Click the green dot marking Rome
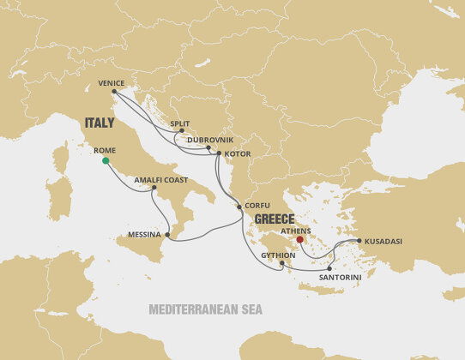tap(106, 160)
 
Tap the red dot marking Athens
tap(299, 228)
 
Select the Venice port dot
tap(114, 91)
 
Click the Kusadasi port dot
tap(359, 241)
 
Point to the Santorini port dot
tap(329, 268)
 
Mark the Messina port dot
tap(167, 234)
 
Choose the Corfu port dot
tap(239, 207)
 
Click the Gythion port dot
tap(281, 263)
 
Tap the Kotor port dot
tap(219, 153)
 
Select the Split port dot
tap(181, 131)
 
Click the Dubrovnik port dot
tap(208, 147)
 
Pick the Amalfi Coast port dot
tap(154, 189)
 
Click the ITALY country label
tap(100, 122)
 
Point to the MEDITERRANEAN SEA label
tap(205, 309)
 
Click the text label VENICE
tap(112, 83)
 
